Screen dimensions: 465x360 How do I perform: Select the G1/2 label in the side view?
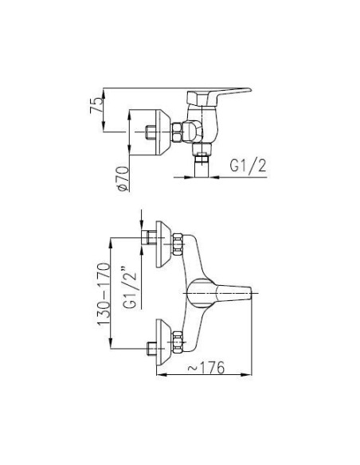248,167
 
